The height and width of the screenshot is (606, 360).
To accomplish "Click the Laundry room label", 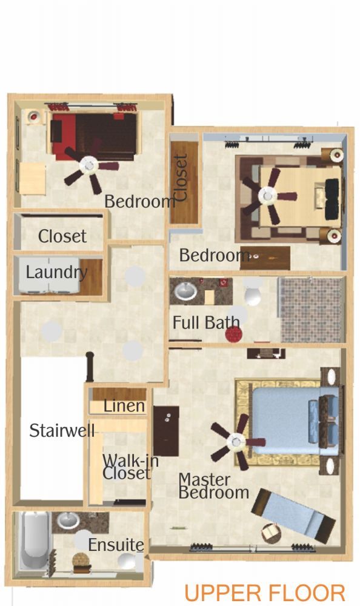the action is click(x=56, y=273).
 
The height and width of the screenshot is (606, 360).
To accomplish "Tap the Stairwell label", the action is click(x=62, y=430).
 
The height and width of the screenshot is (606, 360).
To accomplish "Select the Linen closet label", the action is click(x=124, y=406).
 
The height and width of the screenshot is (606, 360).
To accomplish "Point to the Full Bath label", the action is click(x=205, y=322).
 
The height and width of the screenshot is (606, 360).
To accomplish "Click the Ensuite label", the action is click(x=116, y=545).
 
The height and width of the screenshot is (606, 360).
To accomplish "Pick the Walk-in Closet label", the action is click(x=126, y=467).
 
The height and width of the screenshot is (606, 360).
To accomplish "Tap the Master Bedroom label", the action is click(x=213, y=486).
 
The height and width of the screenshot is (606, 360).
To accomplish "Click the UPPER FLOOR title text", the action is click(x=264, y=593).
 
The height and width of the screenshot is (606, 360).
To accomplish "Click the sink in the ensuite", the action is click(x=68, y=521).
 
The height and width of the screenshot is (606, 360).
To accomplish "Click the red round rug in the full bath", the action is click(x=233, y=335).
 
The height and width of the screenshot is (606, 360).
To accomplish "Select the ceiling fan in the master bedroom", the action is click(x=236, y=442).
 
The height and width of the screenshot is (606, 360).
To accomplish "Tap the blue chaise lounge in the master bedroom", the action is click(x=293, y=515).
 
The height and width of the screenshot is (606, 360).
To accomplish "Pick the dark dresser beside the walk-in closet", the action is click(x=166, y=430).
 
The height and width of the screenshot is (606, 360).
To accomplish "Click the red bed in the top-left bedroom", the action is click(x=94, y=136).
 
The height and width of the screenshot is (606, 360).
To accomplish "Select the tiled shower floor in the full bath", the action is click(x=312, y=309).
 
